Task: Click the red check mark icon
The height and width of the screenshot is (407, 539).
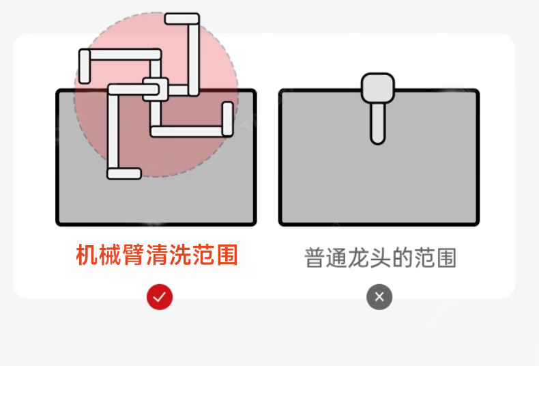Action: pyautogui.click(x=160, y=297)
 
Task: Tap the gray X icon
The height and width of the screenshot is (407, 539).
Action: pyautogui.click(x=379, y=297)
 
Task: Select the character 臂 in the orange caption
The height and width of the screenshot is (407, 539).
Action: pyautogui.click(x=132, y=255)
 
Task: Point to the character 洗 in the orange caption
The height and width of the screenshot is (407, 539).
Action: pyautogui.click(x=181, y=255)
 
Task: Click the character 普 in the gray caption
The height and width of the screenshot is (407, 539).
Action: pyautogui.click(x=315, y=258)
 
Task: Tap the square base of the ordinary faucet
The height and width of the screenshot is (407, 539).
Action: pyautogui.click(x=377, y=87)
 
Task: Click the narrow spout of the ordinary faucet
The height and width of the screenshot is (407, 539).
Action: pyautogui.click(x=377, y=123)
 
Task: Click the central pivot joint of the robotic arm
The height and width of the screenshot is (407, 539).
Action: pyautogui.click(x=154, y=89)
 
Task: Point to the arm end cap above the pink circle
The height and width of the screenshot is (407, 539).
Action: pyautogui.click(x=182, y=18)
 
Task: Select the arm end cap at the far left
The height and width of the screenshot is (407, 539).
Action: pyautogui.click(x=85, y=66)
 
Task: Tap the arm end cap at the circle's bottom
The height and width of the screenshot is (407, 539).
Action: pyautogui.click(x=124, y=173)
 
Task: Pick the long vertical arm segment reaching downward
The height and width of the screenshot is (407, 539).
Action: pyautogui.click(x=113, y=130)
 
